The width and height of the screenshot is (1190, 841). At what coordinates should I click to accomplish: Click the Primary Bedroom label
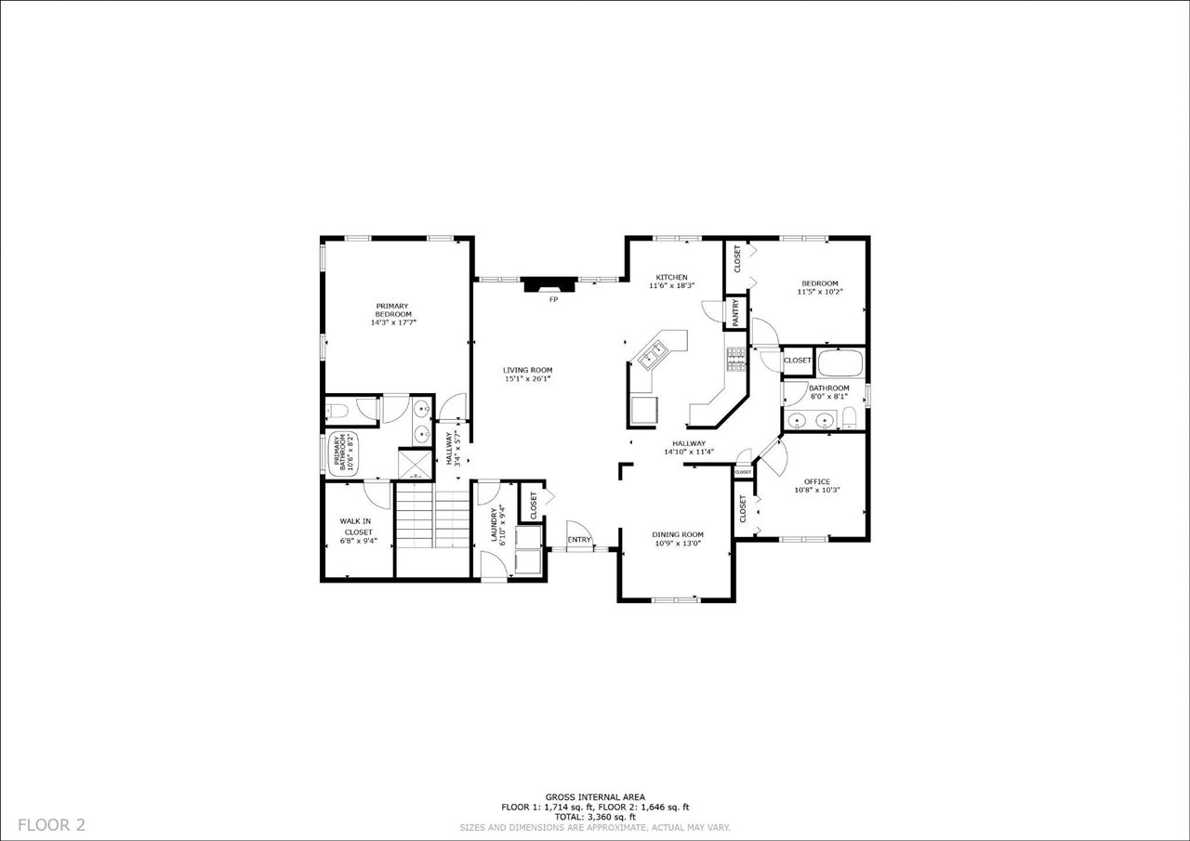coord(392,309)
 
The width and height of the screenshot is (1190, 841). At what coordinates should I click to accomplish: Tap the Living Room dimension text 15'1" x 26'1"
coord(528,378)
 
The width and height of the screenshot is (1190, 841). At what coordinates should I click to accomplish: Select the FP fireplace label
coord(553,299)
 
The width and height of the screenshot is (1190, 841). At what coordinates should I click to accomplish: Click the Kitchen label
coord(671,277)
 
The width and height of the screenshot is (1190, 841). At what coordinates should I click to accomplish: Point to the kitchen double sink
coord(653,353)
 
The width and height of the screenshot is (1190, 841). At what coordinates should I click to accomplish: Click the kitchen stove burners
coord(735,360)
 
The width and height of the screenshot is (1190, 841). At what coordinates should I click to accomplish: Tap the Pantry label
coord(736,312)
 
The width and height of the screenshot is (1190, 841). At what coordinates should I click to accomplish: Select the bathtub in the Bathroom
coord(840,361)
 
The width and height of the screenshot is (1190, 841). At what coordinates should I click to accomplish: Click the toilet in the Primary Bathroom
coord(337,409)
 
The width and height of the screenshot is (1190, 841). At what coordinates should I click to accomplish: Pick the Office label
coord(817,481)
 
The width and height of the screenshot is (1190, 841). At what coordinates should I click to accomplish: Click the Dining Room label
coord(677,534)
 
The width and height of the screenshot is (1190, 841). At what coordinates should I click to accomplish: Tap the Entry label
coord(579,540)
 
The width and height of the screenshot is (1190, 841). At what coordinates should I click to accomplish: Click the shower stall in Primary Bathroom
coord(414,464)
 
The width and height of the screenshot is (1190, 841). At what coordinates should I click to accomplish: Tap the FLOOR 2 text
coord(52,824)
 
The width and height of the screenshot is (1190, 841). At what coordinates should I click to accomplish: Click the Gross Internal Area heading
coord(595,797)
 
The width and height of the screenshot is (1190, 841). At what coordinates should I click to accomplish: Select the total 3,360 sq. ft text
coord(595,817)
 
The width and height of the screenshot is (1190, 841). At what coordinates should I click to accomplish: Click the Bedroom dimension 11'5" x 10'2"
coord(819,292)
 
